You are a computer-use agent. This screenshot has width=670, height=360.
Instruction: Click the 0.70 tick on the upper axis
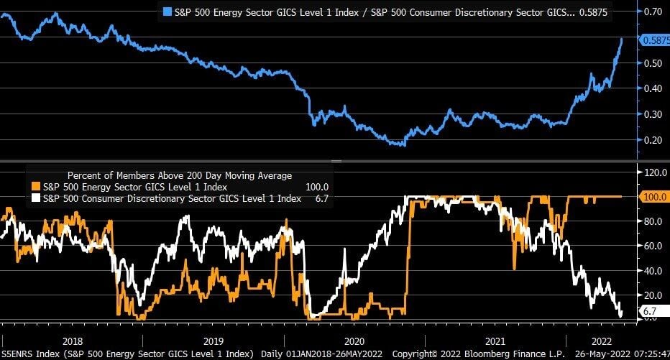point(652,12)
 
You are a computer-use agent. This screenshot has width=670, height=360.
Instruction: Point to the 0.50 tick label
point(652,63)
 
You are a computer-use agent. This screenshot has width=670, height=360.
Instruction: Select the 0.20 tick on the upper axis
point(652,139)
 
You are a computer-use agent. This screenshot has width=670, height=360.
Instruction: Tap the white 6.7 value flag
point(650,310)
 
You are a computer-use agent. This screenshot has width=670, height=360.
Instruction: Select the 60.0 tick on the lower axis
point(653,246)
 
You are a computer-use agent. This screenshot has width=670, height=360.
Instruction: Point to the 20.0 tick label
point(653,295)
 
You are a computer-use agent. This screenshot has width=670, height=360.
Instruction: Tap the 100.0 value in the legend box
point(316,187)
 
